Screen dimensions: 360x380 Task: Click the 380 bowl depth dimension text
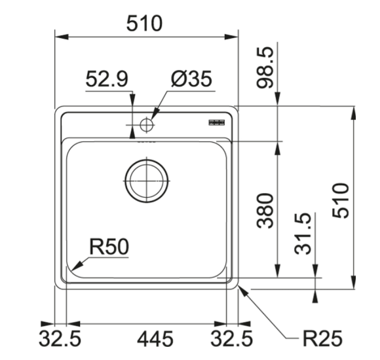click(x=265, y=209)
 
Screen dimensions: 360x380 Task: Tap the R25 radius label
click(x=322, y=338)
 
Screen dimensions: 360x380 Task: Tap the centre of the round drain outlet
click(x=146, y=179)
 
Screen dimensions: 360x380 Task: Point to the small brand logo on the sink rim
click(x=216, y=122)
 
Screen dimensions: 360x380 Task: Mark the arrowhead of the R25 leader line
click(x=242, y=290)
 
